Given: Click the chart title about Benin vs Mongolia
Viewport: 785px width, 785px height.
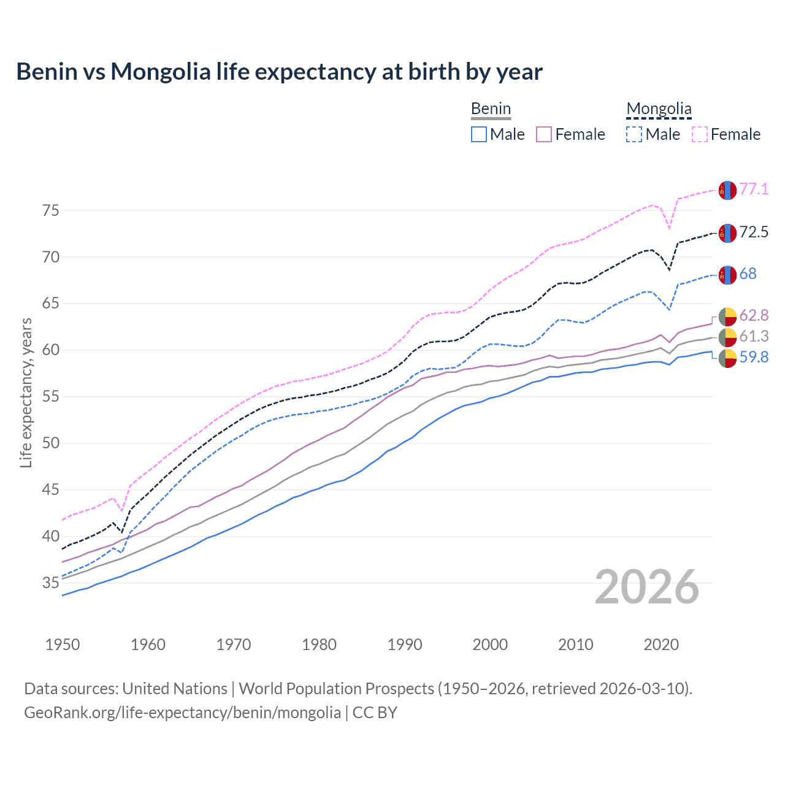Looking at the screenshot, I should [x=279, y=72].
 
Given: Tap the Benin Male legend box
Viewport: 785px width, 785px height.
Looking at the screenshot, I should [x=479, y=134].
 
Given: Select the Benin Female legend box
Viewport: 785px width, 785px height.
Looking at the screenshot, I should [x=545, y=134].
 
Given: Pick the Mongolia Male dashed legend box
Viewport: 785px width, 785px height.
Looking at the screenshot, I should [x=634, y=134].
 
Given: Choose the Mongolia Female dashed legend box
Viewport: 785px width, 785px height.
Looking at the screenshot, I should [x=700, y=134].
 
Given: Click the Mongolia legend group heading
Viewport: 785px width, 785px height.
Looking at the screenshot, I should [x=659, y=109].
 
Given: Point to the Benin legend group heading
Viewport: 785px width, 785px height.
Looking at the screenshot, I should [x=491, y=109].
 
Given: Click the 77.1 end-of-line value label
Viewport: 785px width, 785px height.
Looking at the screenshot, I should [x=754, y=190].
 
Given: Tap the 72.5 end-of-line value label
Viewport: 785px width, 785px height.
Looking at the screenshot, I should [x=754, y=232].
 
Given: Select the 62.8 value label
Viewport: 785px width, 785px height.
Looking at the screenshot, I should [x=754, y=316].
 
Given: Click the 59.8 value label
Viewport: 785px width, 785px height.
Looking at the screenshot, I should [x=754, y=358].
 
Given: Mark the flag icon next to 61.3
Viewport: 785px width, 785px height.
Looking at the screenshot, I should [x=727, y=337].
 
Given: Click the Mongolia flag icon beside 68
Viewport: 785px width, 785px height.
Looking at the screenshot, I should [x=727, y=275].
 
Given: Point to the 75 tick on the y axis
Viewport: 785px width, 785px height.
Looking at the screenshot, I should [x=51, y=211].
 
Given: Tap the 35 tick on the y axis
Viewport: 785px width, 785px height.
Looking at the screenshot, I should [x=51, y=583].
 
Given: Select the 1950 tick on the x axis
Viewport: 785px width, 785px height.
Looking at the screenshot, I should [x=63, y=645].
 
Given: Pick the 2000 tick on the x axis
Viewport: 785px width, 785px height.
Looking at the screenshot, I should [x=490, y=645].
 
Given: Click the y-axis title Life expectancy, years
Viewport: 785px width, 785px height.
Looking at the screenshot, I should [x=26, y=392].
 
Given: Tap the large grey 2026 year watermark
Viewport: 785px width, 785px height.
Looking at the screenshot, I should [x=647, y=588].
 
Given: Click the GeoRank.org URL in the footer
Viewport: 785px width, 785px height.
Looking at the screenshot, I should [x=182, y=713].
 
